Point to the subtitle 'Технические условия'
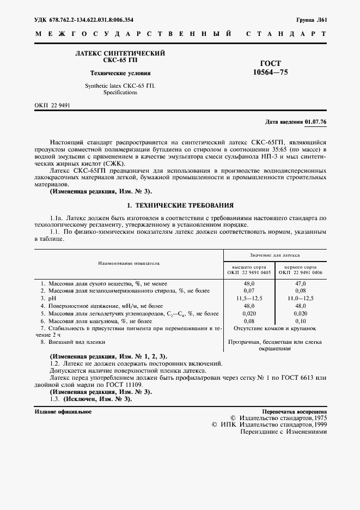click(x=120, y=73)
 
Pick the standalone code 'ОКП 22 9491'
click(x=52, y=105)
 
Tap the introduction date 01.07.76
click(x=315, y=122)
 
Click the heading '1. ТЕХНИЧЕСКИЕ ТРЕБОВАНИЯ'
click(x=180, y=205)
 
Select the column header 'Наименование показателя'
click(x=129, y=263)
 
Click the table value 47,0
click(x=300, y=284)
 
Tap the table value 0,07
click(x=249, y=292)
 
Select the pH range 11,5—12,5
click(x=249, y=299)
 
